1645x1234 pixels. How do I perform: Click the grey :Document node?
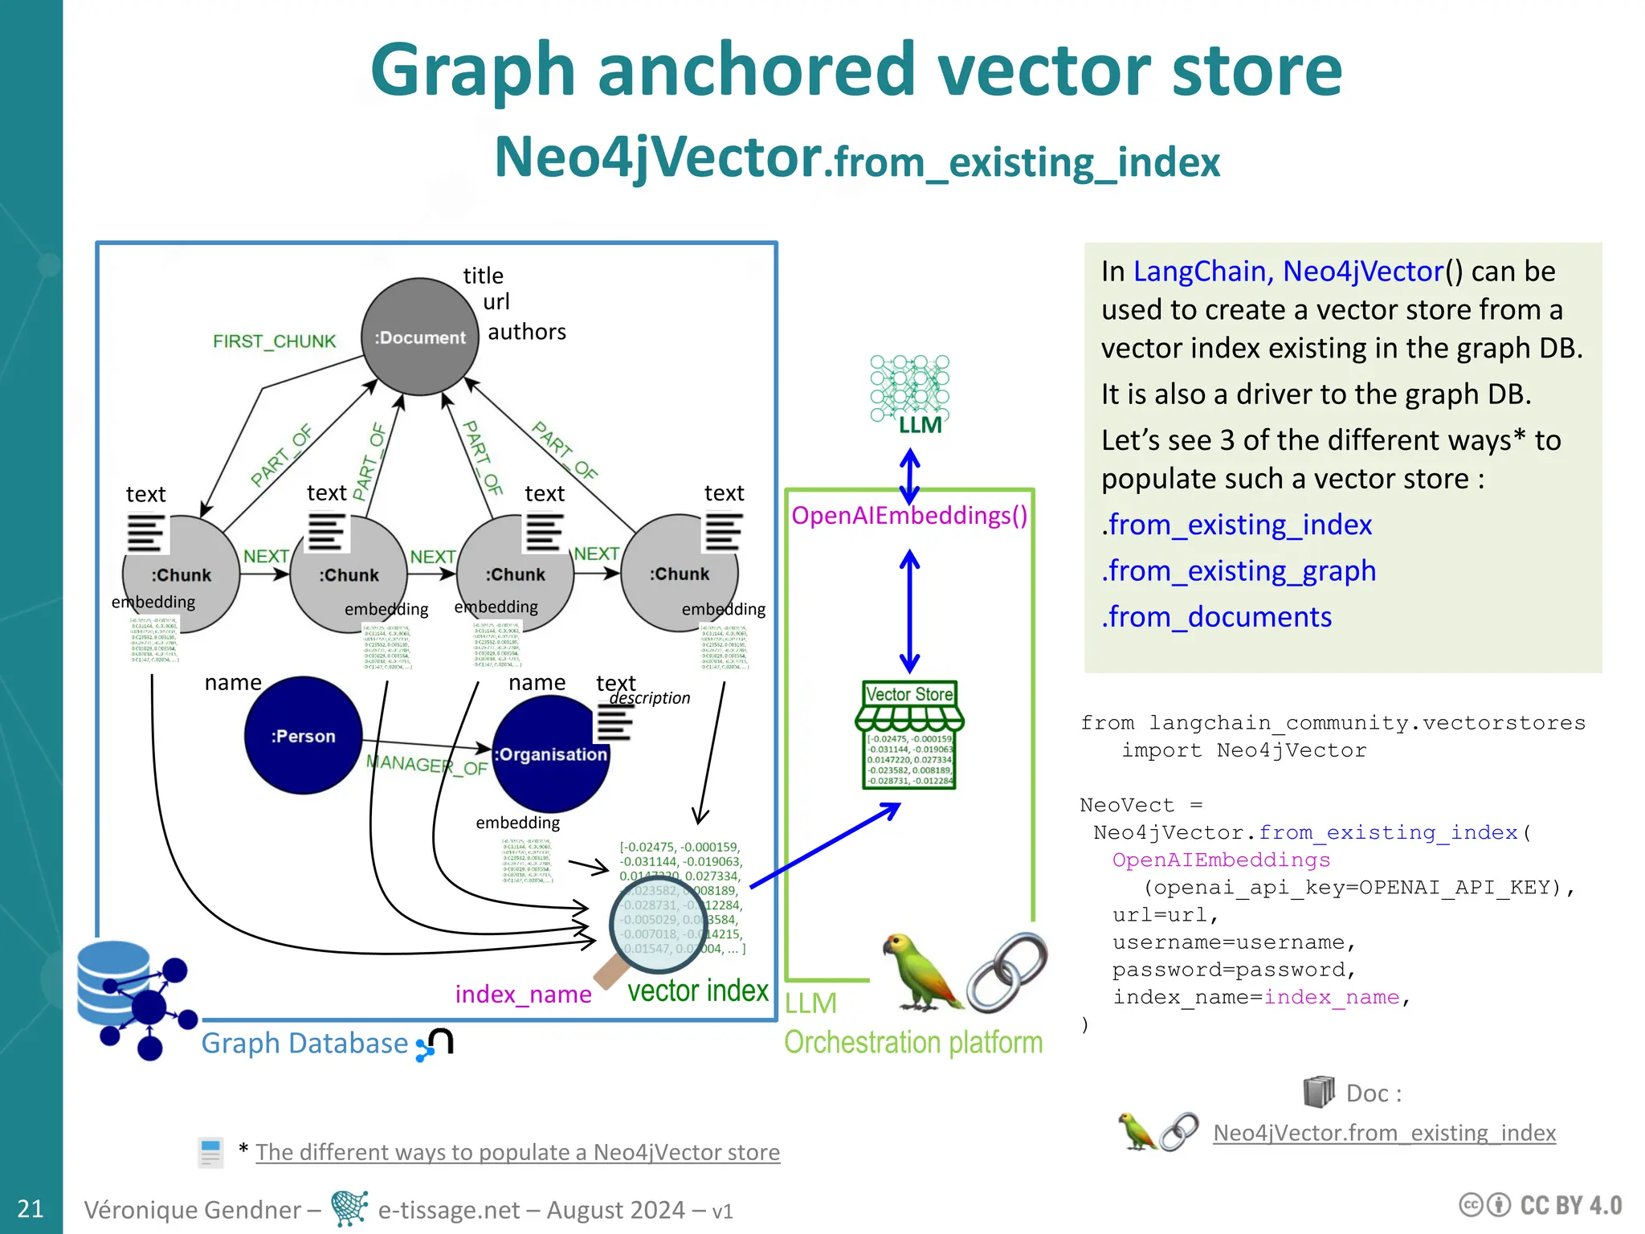(420, 337)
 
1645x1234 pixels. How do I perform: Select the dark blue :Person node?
(303, 735)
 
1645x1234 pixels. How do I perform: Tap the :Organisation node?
(550, 754)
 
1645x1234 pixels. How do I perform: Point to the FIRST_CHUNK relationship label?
(274, 341)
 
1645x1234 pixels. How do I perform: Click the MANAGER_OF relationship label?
(427, 764)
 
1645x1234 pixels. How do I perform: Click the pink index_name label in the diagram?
(523, 995)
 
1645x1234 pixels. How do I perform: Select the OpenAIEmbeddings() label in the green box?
(908, 516)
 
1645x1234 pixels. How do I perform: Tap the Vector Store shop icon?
(909, 735)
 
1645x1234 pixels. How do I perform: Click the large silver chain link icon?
(1007, 972)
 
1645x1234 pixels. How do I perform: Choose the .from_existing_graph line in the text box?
(1238, 571)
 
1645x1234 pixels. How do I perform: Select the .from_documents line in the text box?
(1216, 617)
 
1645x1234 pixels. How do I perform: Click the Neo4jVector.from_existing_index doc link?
(1383, 1133)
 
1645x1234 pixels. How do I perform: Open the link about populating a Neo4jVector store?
(517, 1152)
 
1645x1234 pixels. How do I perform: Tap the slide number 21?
(31, 1208)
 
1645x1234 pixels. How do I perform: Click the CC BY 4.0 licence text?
(1570, 1206)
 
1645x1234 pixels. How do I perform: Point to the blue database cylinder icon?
(112, 980)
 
